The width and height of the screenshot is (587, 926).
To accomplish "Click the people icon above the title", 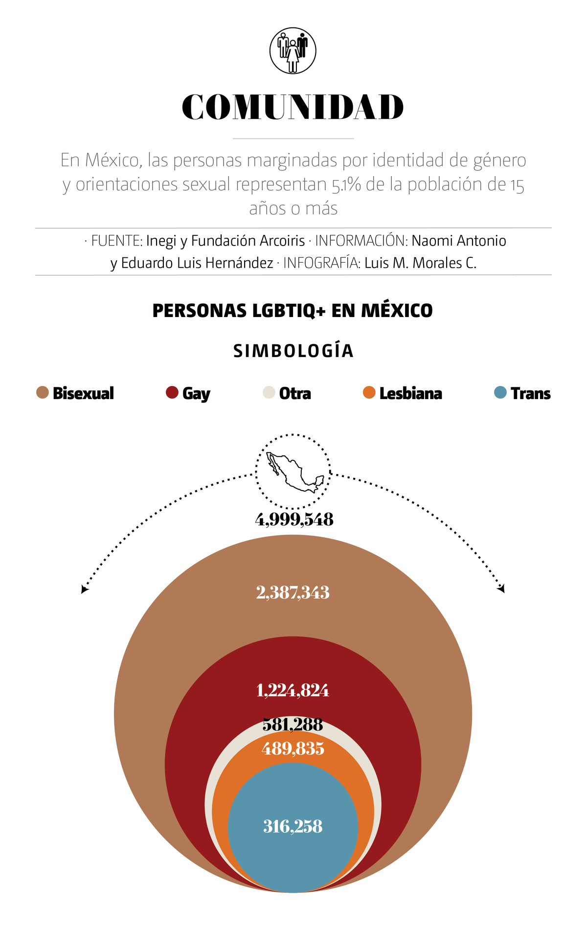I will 293,51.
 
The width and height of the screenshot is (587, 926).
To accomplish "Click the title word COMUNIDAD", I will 293,107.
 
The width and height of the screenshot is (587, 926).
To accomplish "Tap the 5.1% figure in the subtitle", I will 346,185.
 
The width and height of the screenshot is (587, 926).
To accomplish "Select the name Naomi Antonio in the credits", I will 458,241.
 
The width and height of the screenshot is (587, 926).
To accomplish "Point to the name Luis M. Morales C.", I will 420,263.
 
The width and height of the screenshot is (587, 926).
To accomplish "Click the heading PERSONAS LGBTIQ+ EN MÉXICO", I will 293,311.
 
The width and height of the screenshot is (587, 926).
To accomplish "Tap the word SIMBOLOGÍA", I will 293,351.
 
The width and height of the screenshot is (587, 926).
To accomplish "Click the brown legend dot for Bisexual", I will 43,392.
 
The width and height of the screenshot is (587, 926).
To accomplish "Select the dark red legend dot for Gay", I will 172,392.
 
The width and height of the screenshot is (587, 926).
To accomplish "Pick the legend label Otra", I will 295,393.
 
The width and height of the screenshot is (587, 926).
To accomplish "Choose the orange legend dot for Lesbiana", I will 369,392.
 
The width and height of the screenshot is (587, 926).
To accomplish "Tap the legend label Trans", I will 530,393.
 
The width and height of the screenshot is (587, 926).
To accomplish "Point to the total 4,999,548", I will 294,519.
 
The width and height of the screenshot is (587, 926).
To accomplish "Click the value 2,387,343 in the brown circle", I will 293,593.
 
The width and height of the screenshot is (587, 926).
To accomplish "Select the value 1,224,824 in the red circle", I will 293,691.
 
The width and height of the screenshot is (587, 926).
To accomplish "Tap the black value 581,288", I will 293,724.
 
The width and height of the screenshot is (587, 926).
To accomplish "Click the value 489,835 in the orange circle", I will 293,749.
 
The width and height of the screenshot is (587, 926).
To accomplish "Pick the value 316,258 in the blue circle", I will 293,827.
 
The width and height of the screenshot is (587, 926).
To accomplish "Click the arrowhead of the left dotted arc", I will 84,590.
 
